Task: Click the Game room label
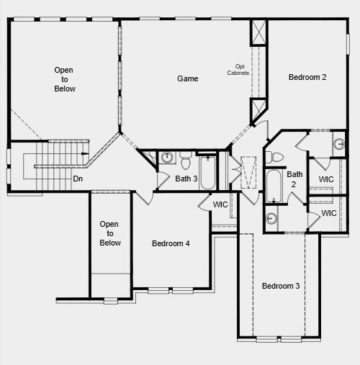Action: click(187, 78)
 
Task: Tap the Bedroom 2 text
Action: click(307, 77)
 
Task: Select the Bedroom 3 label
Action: click(280, 286)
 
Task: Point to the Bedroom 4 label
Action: click(171, 243)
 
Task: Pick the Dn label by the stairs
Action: click(78, 178)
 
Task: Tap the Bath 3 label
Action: click(186, 179)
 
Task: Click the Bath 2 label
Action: click(294, 179)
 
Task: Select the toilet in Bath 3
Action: click(185, 158)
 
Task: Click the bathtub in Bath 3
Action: click(207, 172)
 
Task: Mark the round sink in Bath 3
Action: click(167, 157)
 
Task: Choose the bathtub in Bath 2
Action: click(274, 185)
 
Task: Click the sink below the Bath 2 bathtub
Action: click(271, 219)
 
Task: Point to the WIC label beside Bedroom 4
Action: click(221, 205)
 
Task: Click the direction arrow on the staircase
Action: click(84, 153)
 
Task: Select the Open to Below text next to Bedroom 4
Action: click(109, 233)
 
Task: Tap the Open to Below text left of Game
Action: click(64, 79)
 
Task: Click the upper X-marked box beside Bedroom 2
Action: click(258, 33)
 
